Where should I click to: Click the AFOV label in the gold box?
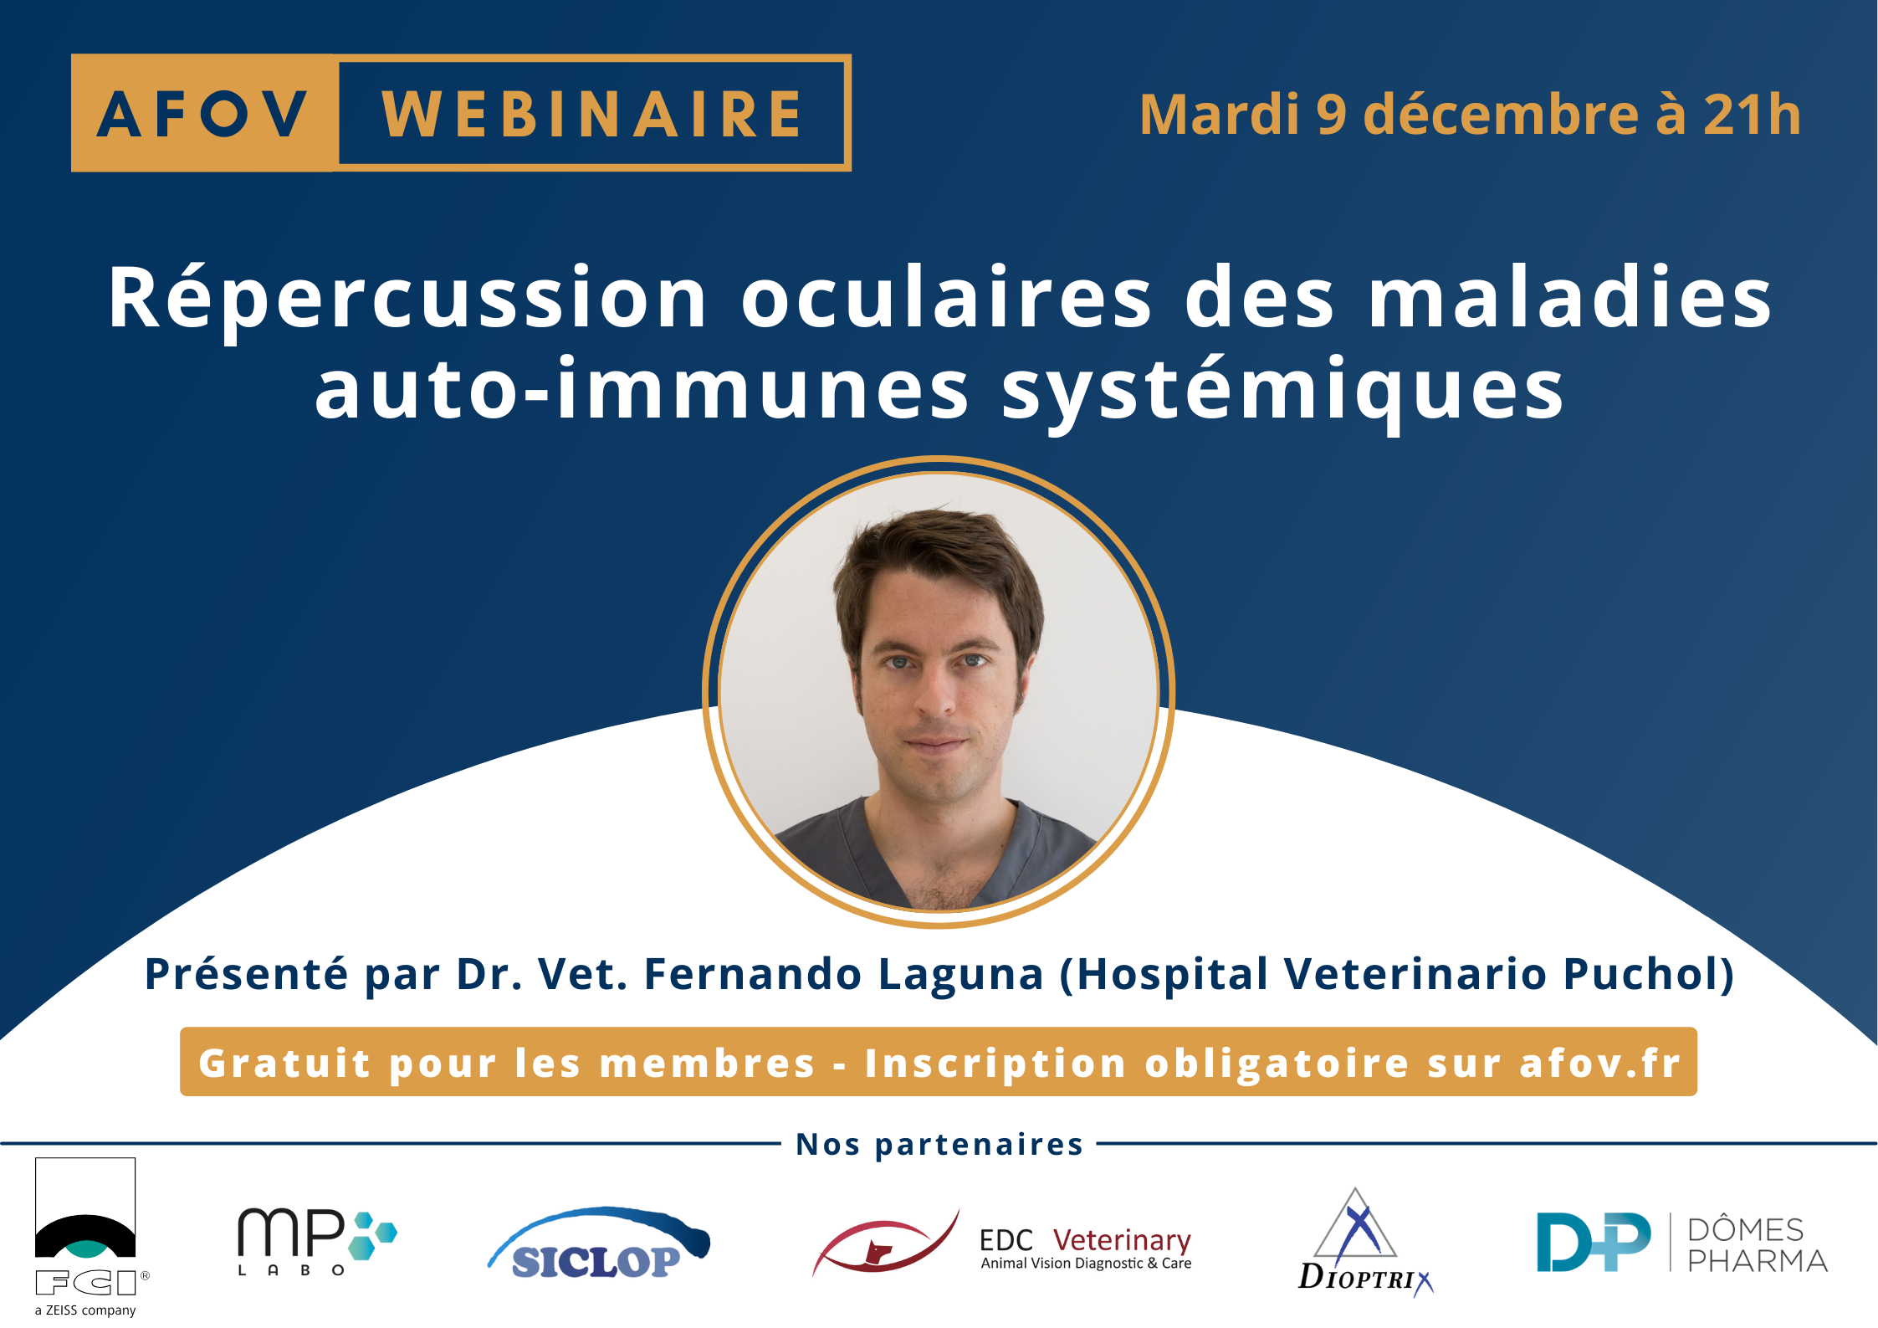point(202,114)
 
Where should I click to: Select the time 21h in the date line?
point(1752,115)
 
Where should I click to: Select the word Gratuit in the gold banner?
point(284,1064)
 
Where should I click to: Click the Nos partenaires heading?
point(939,1144)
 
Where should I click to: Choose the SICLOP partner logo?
point(599,1243)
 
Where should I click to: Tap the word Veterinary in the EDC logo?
point(1122,1240)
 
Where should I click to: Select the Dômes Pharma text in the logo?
point(1758,1244)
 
